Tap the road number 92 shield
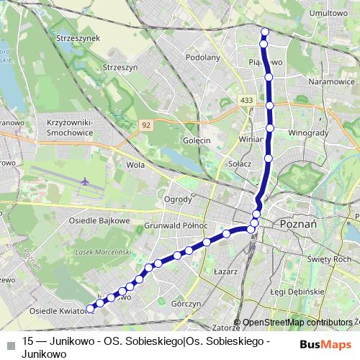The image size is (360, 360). coord(146,124)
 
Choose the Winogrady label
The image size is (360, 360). coord(308,134)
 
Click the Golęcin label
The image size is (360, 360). coord(197,141)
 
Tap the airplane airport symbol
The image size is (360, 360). coord(86,181)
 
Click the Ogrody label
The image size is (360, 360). coord(177,199)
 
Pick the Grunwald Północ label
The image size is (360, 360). coord(176,225)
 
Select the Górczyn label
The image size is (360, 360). coord(186,304)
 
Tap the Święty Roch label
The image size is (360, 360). coord(327,258)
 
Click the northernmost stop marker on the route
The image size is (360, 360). coord(264,31)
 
